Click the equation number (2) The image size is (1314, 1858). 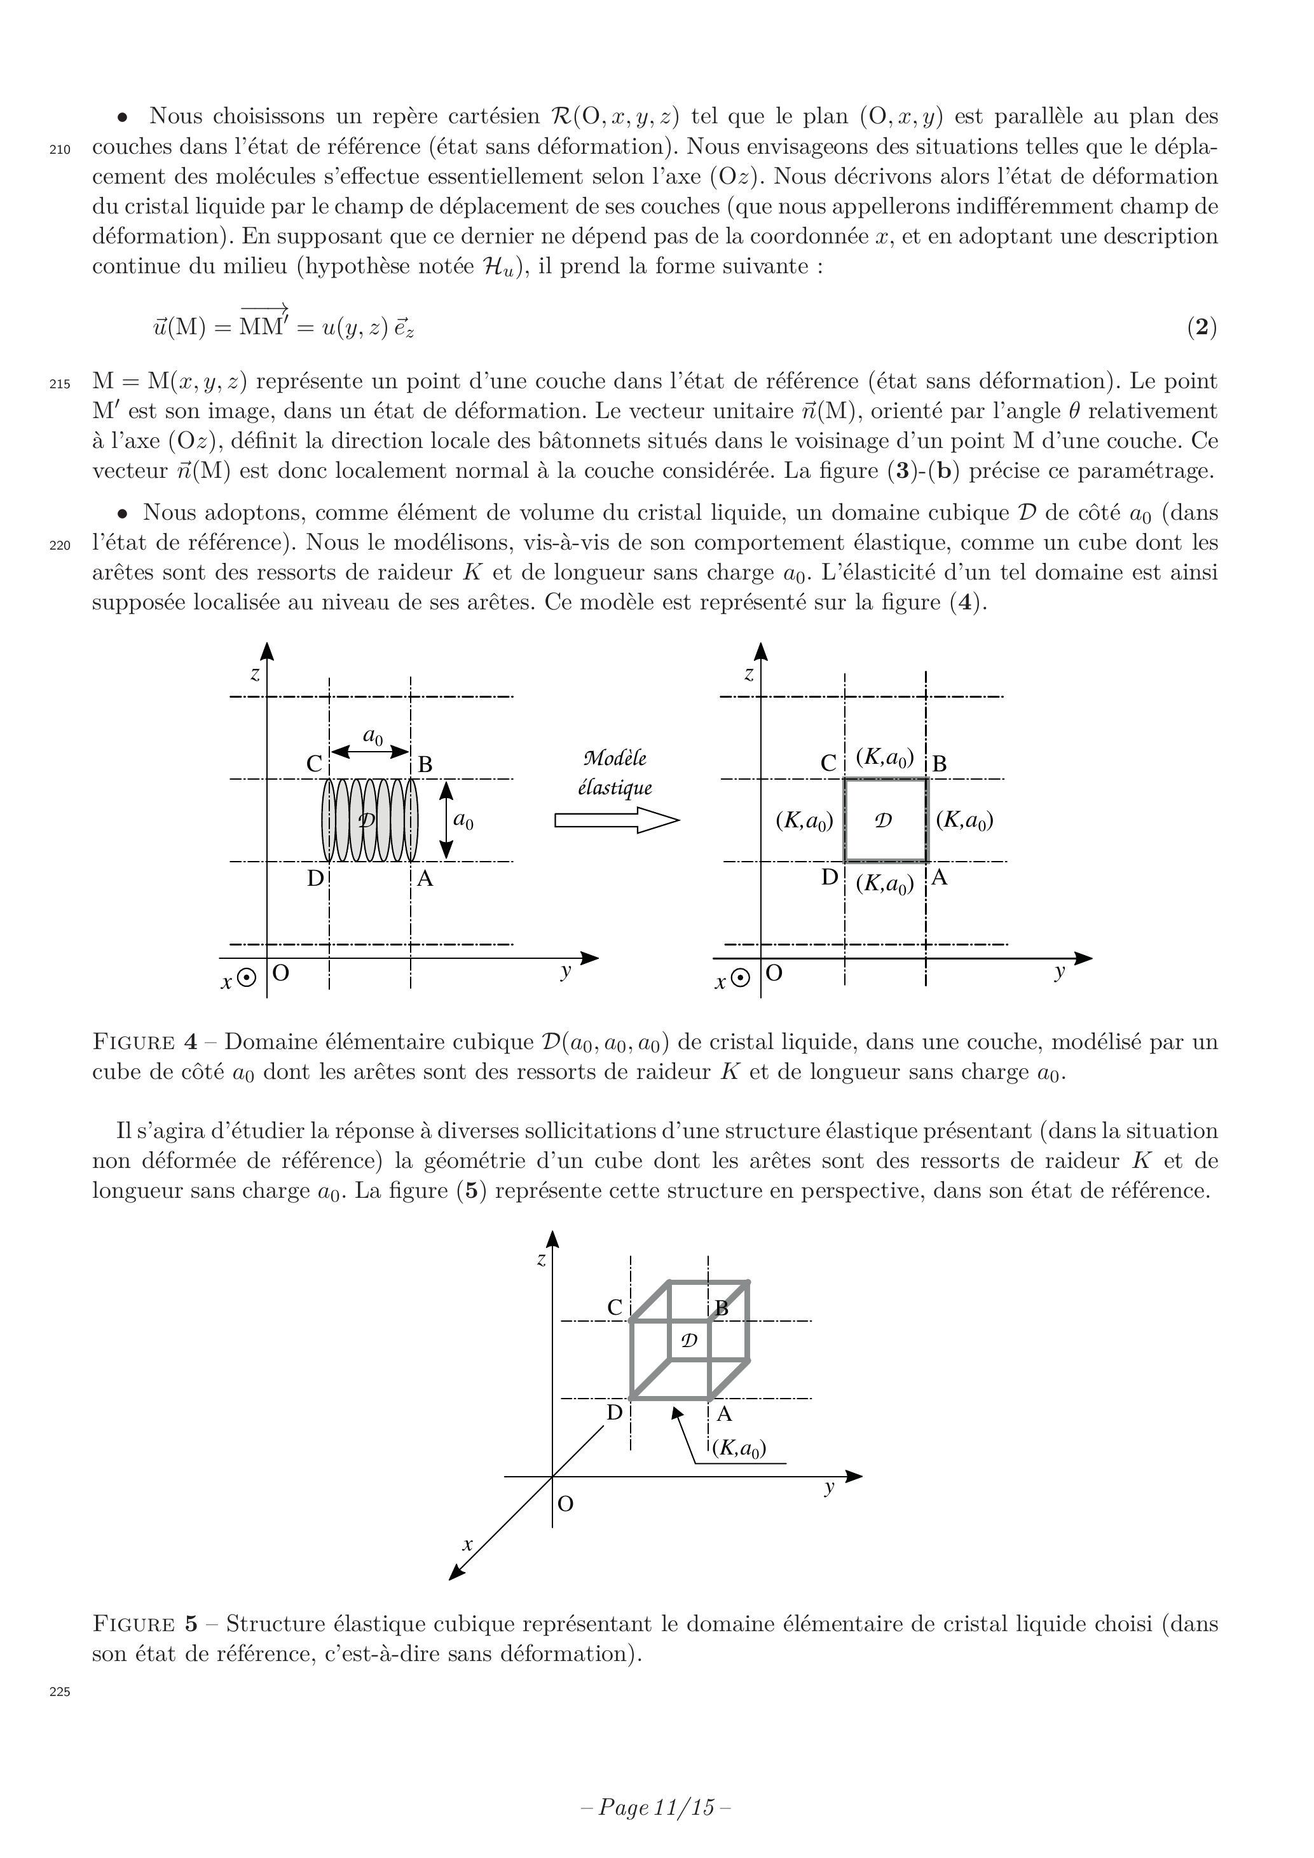tap(1201, 327)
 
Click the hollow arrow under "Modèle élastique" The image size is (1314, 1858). tap(616, 820)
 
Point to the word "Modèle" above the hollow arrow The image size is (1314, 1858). tap(615, 758)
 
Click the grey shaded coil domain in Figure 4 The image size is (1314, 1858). tap(370, 820)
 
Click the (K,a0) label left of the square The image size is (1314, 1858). tap(804, 820)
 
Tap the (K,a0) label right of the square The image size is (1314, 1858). tap(964, 820)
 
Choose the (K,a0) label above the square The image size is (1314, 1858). tap(885, 758)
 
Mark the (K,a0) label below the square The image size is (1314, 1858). tap(885, 884)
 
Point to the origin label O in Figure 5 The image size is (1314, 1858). tap(566, 1503)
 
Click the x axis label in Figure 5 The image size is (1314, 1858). tap(467, 1544)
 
